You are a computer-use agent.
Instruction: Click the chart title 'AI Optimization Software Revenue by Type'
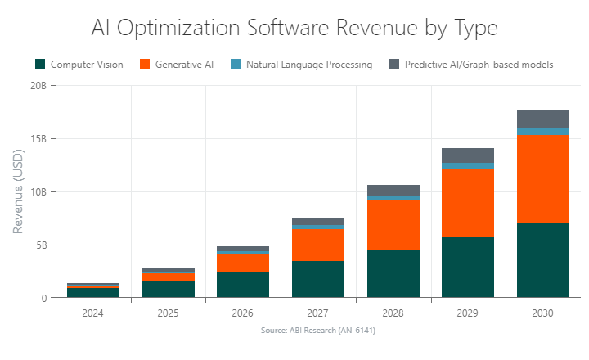pos(294,28)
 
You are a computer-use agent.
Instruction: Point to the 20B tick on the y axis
pos(37,86)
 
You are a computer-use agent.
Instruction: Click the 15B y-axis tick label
pos(37,139)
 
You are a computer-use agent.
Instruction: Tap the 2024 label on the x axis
pos(92,313)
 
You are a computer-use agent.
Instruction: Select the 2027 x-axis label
pos(318,313)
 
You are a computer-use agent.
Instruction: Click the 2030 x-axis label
pos(543,313)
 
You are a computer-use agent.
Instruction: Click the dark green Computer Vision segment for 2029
pos(468,268)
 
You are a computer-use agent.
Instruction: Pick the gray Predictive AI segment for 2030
pos(543,119)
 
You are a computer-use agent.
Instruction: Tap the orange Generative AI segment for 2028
pos(393,224)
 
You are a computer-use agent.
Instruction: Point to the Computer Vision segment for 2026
pos(243,285)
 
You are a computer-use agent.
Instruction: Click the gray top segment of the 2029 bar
pos(468,155)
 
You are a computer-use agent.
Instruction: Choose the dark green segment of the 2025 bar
pos(168,289)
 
